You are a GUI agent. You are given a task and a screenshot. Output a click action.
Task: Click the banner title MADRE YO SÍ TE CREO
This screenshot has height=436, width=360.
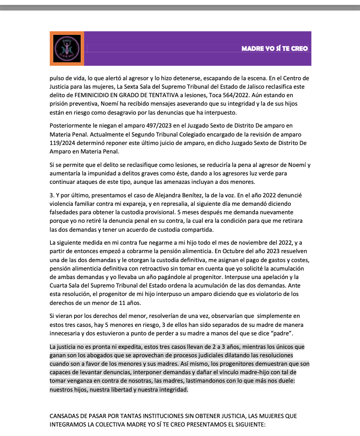pos(274,48)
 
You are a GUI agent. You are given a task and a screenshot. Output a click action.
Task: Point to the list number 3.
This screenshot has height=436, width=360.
pos(51,194)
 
